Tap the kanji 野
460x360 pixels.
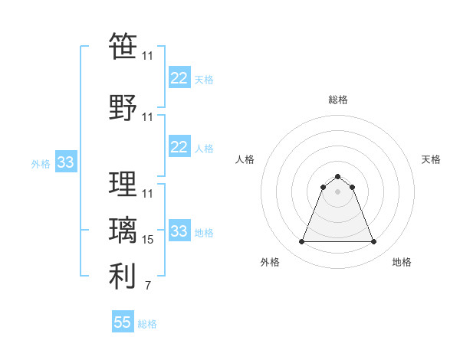123,107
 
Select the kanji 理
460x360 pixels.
123,185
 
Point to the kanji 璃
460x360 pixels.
123,231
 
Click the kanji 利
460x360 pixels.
123,277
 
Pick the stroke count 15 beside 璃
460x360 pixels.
148,240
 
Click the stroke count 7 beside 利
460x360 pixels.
148,286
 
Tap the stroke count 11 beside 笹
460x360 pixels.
148,56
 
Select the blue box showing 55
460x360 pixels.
123,322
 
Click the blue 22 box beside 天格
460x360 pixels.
179,78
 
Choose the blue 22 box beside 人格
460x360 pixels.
179,147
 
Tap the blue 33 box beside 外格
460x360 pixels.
65,162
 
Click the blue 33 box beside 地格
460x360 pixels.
179,231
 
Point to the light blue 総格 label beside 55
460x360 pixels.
147,324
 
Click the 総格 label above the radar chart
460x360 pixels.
337,100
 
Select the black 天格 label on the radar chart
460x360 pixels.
432,159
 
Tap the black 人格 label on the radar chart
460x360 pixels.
245,159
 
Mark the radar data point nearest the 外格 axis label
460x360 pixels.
301,242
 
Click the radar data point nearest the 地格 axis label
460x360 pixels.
374,242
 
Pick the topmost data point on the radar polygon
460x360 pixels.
337,176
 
